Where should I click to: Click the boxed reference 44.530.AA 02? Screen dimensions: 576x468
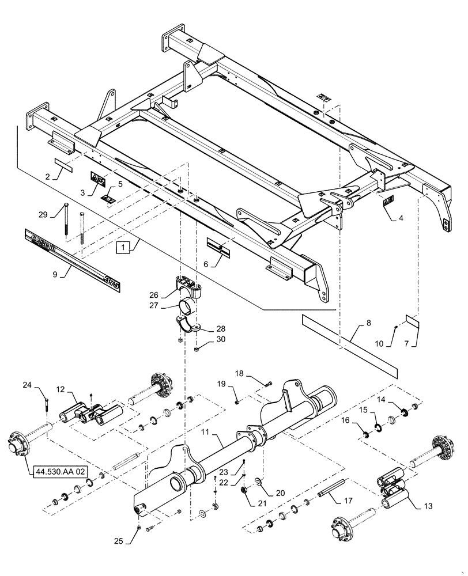coord(58,472)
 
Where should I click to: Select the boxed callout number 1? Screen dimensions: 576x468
coord(123,248)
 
